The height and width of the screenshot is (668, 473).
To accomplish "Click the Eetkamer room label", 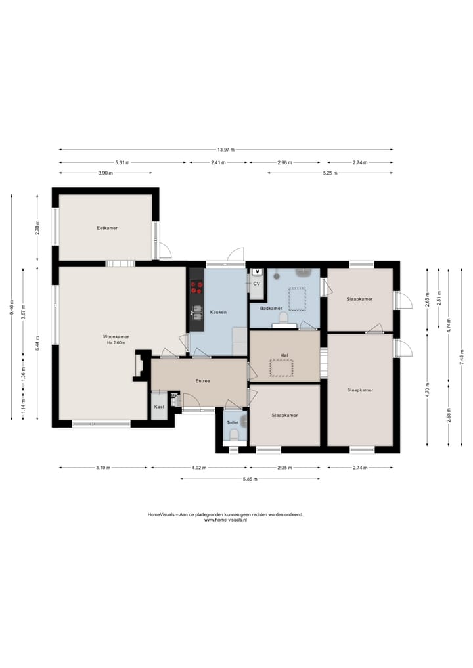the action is (107, 228).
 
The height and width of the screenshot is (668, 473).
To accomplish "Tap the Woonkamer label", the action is (116, 336).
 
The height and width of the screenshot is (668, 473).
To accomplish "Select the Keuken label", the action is (218, 312).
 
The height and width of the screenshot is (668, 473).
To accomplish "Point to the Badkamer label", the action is (271, 308).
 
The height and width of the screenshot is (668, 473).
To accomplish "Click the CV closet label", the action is (256, 283).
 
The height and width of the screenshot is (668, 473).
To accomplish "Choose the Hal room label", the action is (284, 355).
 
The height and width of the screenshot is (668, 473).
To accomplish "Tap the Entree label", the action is (203, 381).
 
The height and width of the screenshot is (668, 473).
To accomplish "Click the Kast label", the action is (159, 407).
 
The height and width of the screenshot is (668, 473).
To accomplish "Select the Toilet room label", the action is (233, 422).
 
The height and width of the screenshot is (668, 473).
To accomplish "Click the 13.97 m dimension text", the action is (226, 150).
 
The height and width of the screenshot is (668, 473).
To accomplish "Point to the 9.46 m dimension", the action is (12, 307).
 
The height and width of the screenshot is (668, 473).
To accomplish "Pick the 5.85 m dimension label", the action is (250, 479).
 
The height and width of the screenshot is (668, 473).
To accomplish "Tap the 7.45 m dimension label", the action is (461, 357).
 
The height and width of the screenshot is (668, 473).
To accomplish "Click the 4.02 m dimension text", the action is (198, 468).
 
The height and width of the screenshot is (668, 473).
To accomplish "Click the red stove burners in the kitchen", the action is (197, 287).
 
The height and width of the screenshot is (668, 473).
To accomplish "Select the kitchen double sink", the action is (197, 313).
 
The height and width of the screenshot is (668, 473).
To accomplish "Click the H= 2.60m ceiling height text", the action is (116, 342).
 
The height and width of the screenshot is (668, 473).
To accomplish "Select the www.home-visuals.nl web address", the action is (225, 520).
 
